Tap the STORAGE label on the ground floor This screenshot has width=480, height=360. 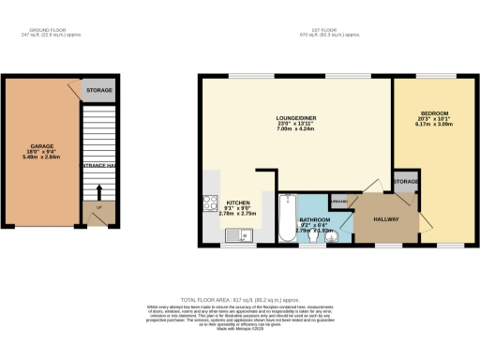point(98,91)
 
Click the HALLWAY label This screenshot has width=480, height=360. point(386,219)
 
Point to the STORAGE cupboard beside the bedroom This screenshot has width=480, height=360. point(406,182)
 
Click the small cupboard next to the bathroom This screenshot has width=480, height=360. point(338,202)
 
